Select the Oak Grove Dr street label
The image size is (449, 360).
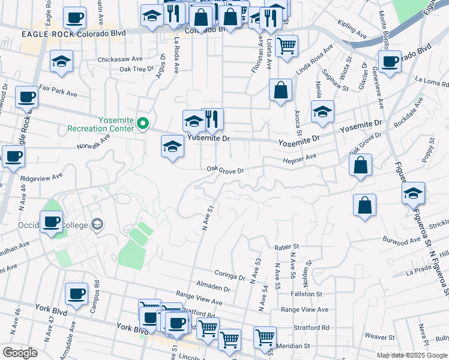tap(225, 170)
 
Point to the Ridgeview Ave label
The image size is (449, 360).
tap(41, 178)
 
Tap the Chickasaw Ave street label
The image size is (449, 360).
tap(122, 59)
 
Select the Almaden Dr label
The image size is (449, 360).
tap(214, 288)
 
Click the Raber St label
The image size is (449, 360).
tap(286, 247)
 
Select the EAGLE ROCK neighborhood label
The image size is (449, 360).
tap(47, 34)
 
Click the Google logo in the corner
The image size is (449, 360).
tap(20, 353)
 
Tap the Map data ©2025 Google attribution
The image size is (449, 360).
tap(412, 355)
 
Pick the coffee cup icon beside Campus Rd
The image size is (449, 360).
tap(76, 294)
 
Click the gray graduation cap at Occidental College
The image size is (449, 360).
tap(97, 225)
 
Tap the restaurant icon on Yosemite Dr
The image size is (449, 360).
tap(211, 119)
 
